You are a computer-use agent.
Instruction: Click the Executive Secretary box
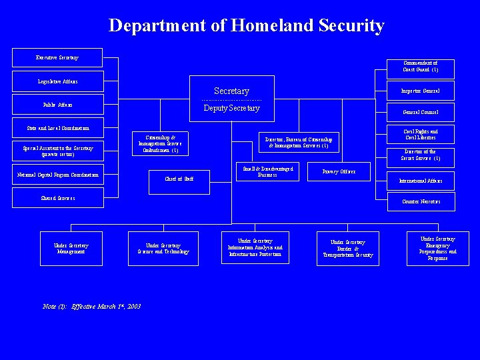[x=57, y=57]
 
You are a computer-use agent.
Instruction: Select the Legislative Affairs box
[x=57, y=81]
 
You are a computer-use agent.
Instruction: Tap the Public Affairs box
[x=57, y=105]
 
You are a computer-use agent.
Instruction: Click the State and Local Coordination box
[x=57, y=127]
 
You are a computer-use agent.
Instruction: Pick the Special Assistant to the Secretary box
[x=57, y=151]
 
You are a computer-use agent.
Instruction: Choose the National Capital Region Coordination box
[x=57, y=175]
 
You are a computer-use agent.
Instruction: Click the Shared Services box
[x=57, y=198]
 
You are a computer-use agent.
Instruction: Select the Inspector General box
[x=421, y=91]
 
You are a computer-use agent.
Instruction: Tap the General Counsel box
[x=421, y=112]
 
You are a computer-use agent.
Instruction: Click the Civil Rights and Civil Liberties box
[x=421, y=135]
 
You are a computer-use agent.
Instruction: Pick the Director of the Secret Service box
[x=421, y=155]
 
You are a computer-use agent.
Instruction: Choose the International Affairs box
[x=421, y=181]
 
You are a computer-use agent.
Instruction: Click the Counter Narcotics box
[x=421, y=201]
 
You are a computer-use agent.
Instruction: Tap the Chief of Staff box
[x=179, y=178]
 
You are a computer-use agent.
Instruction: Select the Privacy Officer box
[x=339, y=171]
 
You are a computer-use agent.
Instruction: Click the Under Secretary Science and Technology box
[x=163, y=248]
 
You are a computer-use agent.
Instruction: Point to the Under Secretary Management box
[x=71, y=248]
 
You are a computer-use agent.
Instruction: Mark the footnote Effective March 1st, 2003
[x=91, y=306]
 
